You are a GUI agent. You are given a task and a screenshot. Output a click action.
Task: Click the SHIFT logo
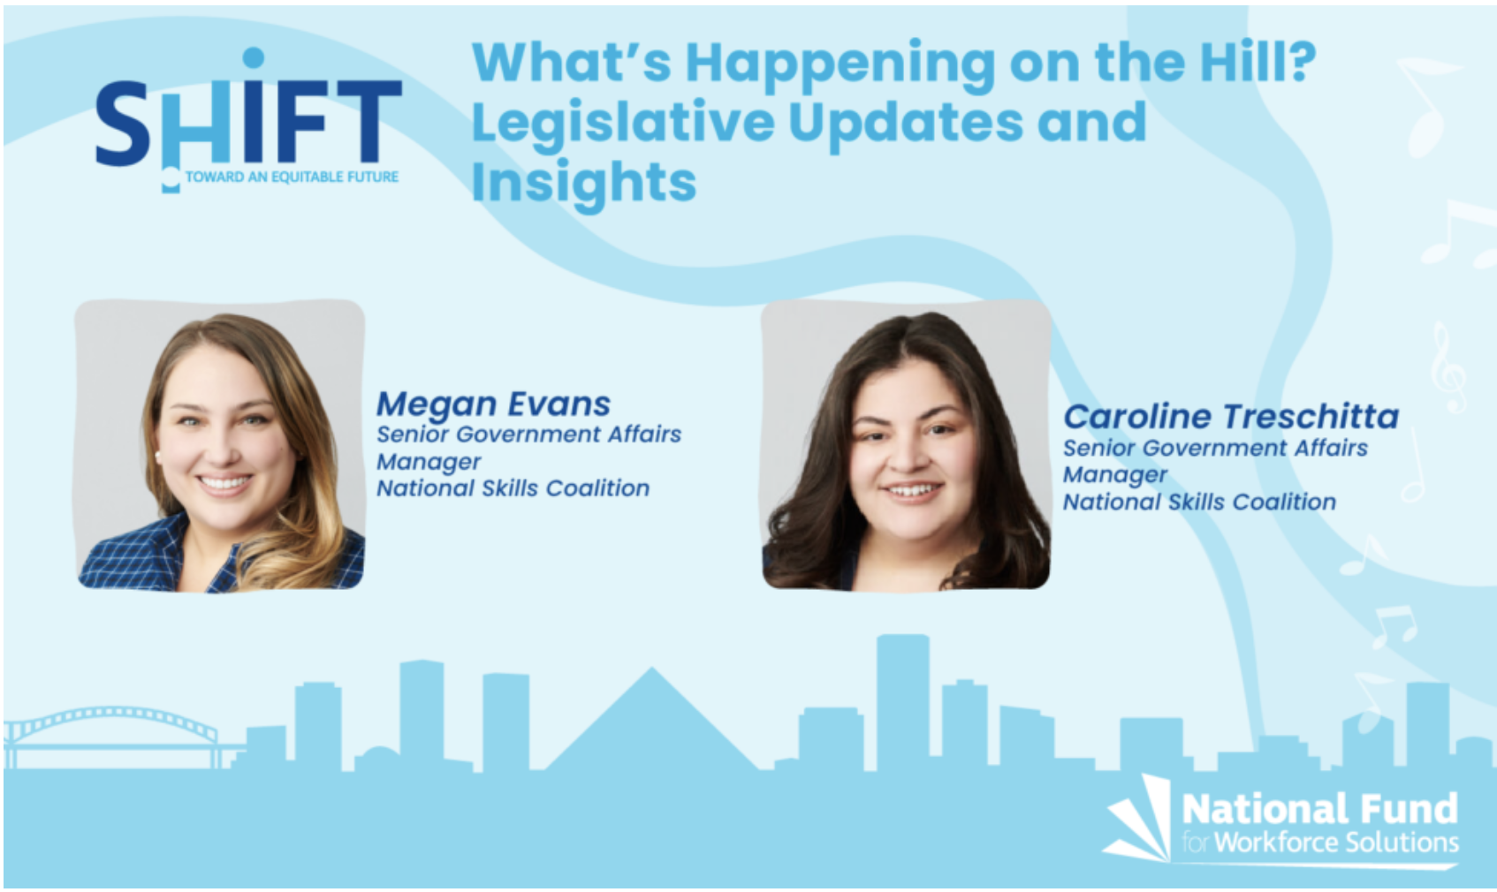click(x=248, y=120)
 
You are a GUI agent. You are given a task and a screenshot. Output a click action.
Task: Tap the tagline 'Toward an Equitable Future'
click(x=292, y=177)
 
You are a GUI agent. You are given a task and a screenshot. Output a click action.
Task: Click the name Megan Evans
click(x=493, y=404)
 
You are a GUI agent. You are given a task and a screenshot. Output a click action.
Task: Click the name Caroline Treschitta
click(x=1231, y=417)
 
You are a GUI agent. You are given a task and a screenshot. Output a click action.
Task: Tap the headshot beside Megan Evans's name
click(x=221, y=445)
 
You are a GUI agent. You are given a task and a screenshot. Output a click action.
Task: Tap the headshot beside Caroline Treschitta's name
click(x=906, y=445)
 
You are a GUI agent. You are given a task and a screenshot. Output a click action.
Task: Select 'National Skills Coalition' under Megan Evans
click(x=513, y=488)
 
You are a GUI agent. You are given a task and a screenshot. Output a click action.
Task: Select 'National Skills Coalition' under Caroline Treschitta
click(x=1199, y=503)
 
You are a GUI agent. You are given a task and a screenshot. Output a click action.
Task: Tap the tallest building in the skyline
click(x=902, y=702)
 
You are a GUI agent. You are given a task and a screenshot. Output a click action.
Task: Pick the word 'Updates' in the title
click(x=906, y=124)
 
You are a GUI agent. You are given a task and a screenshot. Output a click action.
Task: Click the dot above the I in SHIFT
click(x=254, y=58)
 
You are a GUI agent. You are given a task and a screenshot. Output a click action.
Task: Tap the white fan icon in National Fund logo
click(x=1137, y=819)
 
